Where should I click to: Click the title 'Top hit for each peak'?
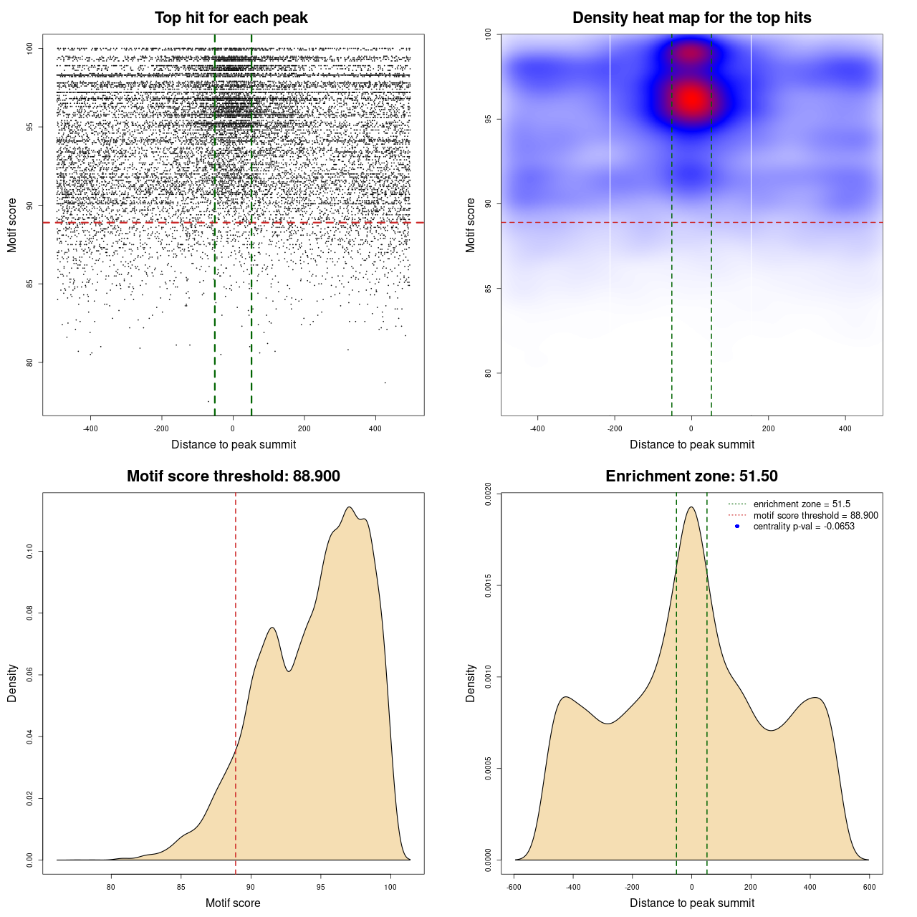(x=231, y=18)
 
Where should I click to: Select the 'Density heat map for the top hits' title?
(x=691, y=18)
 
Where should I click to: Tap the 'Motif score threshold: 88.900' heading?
(x=233, y=476)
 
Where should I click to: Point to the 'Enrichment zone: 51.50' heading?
(x=691, y=476)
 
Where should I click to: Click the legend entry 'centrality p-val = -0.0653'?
(x=804, y=527)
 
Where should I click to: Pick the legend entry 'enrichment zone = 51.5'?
(x=802, y=504)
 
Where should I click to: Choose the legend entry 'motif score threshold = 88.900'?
(x=815, y=516)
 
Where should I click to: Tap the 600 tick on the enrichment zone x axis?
(x=869, y=887)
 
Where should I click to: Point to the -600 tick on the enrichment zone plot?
(x=514, y=887)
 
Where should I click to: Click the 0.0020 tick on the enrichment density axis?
(x=489, y=494)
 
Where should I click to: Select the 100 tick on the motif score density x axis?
(x=390, y=887)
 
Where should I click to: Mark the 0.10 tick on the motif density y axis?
(x=30, y=551)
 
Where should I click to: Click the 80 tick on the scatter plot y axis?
(x=30, y=362)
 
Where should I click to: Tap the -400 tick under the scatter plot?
(x=90, y=428)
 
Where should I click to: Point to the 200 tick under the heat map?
(x=768, y=428)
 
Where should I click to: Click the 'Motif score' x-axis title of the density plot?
(x=233, y=903)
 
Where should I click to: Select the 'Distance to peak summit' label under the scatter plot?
(x=234, y=444)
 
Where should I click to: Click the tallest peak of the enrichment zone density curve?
(x=691, y=507)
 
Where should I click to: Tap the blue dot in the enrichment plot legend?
(x=737, y=527)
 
